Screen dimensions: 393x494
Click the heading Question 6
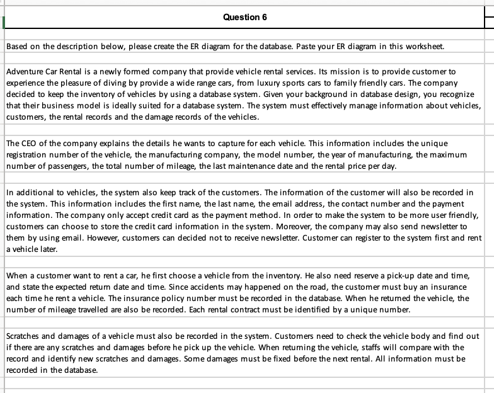(x=244, y=17)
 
